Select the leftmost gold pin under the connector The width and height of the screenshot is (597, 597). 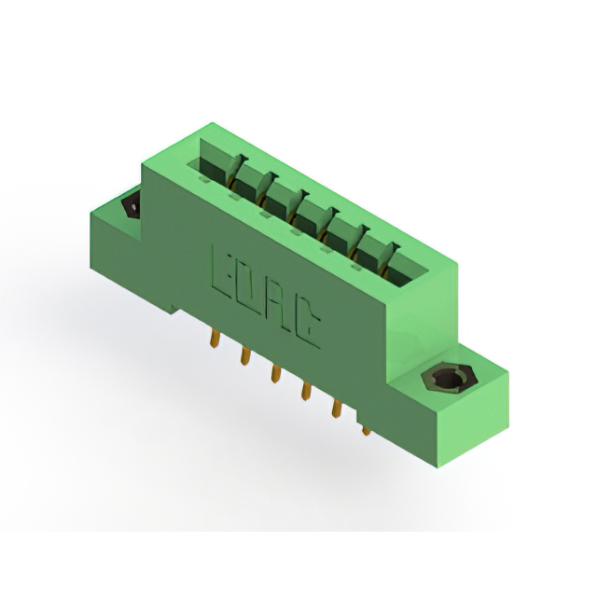(215, 339)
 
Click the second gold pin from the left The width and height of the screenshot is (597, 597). (245, 355)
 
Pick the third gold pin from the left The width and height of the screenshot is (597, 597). (275, 373)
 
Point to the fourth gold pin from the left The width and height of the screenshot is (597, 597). (306, 391)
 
